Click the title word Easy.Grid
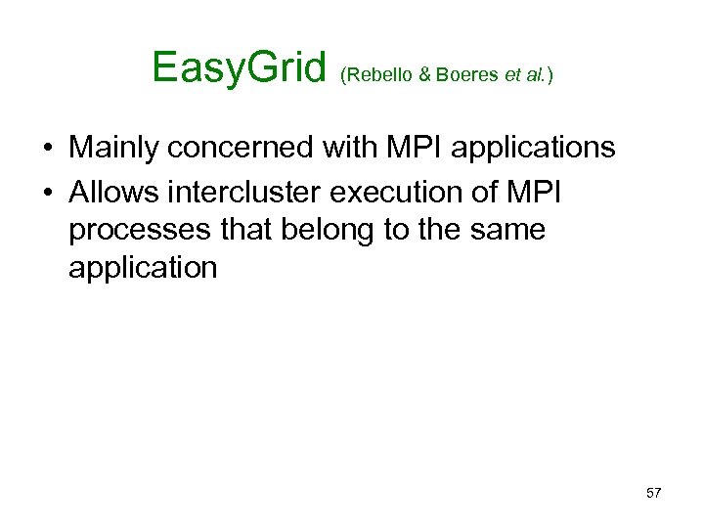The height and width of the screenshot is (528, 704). point(239,68)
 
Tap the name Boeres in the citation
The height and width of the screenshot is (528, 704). point(466,76)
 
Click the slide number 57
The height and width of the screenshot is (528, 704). point(654,493)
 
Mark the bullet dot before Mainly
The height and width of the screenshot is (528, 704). point(47,149)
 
